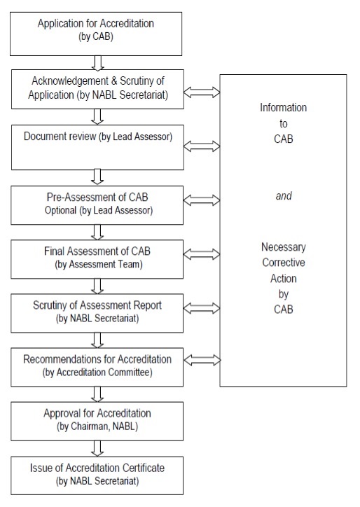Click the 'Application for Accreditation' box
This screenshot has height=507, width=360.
(96, 34)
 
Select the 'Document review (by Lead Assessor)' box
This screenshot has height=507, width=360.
(97, 147)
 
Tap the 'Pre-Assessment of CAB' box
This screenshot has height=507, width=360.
(97, 205)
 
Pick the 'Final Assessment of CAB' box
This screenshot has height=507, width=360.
(97, 259)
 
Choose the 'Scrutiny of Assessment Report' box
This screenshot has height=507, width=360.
(97, 313)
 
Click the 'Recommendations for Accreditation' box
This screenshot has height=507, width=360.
(97, 367)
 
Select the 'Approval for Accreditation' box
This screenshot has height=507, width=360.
(97, 421)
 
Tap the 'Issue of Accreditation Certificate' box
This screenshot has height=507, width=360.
(97, 475)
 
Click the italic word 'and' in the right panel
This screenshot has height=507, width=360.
(284, 195)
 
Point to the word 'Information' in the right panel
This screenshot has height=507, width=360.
(284, 107)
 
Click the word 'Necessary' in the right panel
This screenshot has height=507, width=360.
(284, 247)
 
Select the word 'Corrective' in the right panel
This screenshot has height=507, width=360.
(284, 262)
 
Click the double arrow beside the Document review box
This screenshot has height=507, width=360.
(202, 146)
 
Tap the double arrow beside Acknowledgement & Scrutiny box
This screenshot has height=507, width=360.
(202, 92)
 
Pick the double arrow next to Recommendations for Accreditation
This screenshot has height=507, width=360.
(202, 360)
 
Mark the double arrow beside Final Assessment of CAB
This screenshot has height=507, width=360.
(202, 253)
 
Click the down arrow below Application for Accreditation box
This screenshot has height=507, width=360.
(97, 63)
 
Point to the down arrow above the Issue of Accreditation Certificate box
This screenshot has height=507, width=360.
(97, 448)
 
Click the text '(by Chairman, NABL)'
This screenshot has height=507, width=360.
(97, 426)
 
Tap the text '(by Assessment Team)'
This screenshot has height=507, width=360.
(99, 265)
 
